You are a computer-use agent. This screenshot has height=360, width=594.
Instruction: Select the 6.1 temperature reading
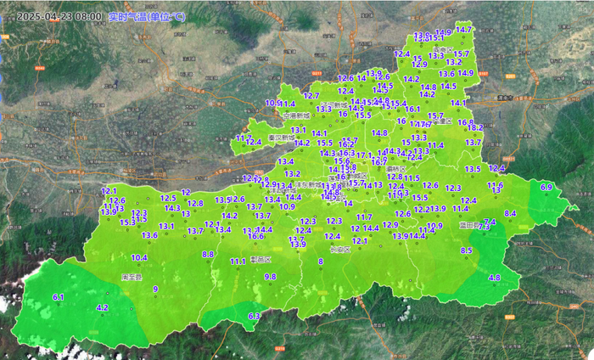click(59, 297)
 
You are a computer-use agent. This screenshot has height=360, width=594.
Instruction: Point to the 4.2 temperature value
click(103, 307)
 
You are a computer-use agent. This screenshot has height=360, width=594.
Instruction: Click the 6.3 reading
click(253, 316)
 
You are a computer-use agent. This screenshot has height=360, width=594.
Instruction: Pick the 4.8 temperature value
click(494, 278)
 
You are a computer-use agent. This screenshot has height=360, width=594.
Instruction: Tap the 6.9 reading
click(546, 187)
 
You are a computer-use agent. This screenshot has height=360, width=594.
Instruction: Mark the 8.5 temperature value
click(466, 250)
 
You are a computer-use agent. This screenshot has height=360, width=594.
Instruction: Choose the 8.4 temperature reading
click(510, 213)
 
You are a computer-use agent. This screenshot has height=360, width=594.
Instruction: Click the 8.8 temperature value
click(208, 254)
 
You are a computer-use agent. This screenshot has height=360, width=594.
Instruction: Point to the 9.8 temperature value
click(270, 277)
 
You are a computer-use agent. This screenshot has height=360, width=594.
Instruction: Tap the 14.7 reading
click(463, 30)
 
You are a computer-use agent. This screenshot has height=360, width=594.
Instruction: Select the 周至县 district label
click(132, 277)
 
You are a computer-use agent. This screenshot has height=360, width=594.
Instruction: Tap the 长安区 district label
click(340, 250)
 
